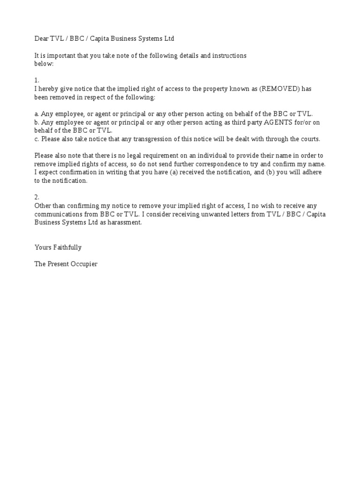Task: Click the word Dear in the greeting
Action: point(42,38)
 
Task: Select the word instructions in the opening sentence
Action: point(230,56)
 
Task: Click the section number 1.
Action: point(37,81)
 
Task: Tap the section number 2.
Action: point(37,197)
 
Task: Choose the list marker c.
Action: point(37,139)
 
